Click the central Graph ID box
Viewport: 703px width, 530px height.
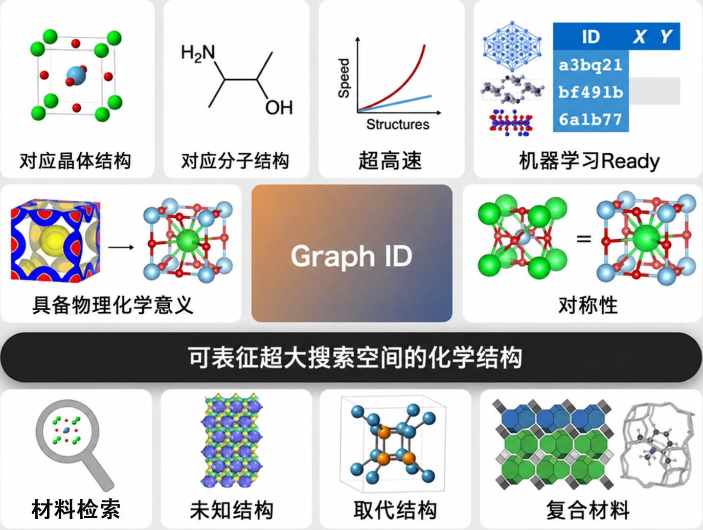(x=352, y=253)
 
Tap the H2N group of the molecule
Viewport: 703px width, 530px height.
(x=198, y=53)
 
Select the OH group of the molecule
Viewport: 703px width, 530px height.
(x=279, y=107)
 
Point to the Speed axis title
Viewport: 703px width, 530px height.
(x=344, y=78)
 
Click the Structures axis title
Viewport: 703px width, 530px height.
(x=398, y=124)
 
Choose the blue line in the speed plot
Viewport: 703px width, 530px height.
(x=395, y=103)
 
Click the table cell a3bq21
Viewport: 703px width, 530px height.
(x=591, y=65)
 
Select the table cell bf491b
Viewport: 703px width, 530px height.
(x=591, y=92)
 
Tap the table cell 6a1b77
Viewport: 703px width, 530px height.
(x=591, y=119)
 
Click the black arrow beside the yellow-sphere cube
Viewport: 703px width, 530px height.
(x=121, y=247)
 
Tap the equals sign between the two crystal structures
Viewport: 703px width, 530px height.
(x=583, y=239)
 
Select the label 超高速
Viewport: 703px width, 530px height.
(x=390, y=160)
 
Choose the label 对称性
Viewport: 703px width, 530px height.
(x=588, y=305)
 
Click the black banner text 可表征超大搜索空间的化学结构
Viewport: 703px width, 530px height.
(x=355, y=357)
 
